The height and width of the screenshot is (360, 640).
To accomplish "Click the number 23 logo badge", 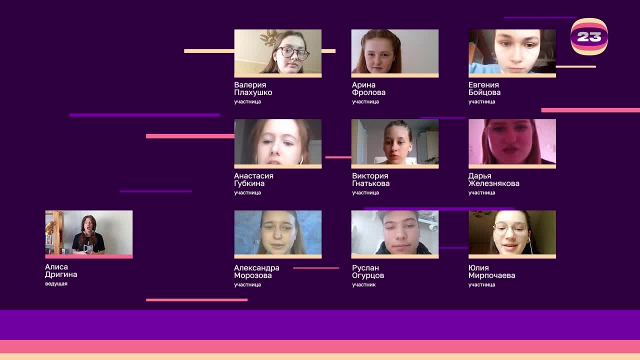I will point(589,36).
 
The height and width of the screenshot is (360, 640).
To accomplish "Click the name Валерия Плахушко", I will point(253,88).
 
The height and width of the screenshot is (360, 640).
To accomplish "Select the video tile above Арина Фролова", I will point(394,52).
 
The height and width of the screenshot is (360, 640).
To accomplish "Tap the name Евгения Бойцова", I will point(484,88).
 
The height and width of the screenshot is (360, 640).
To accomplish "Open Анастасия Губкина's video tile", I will point(277,142).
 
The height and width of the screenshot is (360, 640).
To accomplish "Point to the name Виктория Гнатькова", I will point(370,179).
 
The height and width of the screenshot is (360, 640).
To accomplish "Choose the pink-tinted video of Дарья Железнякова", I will point(512,142).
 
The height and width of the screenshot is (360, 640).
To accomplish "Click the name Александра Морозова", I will point(256,271).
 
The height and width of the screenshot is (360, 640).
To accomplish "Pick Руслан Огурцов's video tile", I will point(394,233).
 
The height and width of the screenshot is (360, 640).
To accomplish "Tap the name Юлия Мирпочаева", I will point(491,271).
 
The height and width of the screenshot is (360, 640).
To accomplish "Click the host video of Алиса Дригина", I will point(88,233).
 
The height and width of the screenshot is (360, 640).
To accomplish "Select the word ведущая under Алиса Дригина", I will point(56,284).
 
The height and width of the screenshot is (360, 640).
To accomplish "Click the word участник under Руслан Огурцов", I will point(363,285).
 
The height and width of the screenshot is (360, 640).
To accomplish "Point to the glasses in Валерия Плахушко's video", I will point(293,52).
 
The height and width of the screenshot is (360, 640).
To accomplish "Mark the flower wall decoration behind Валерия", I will point(269,37).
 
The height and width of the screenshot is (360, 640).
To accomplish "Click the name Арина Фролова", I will point(368,88).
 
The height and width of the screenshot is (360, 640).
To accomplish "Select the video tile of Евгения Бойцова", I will point(512,52).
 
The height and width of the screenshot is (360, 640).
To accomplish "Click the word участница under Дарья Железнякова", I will point(481,192).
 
